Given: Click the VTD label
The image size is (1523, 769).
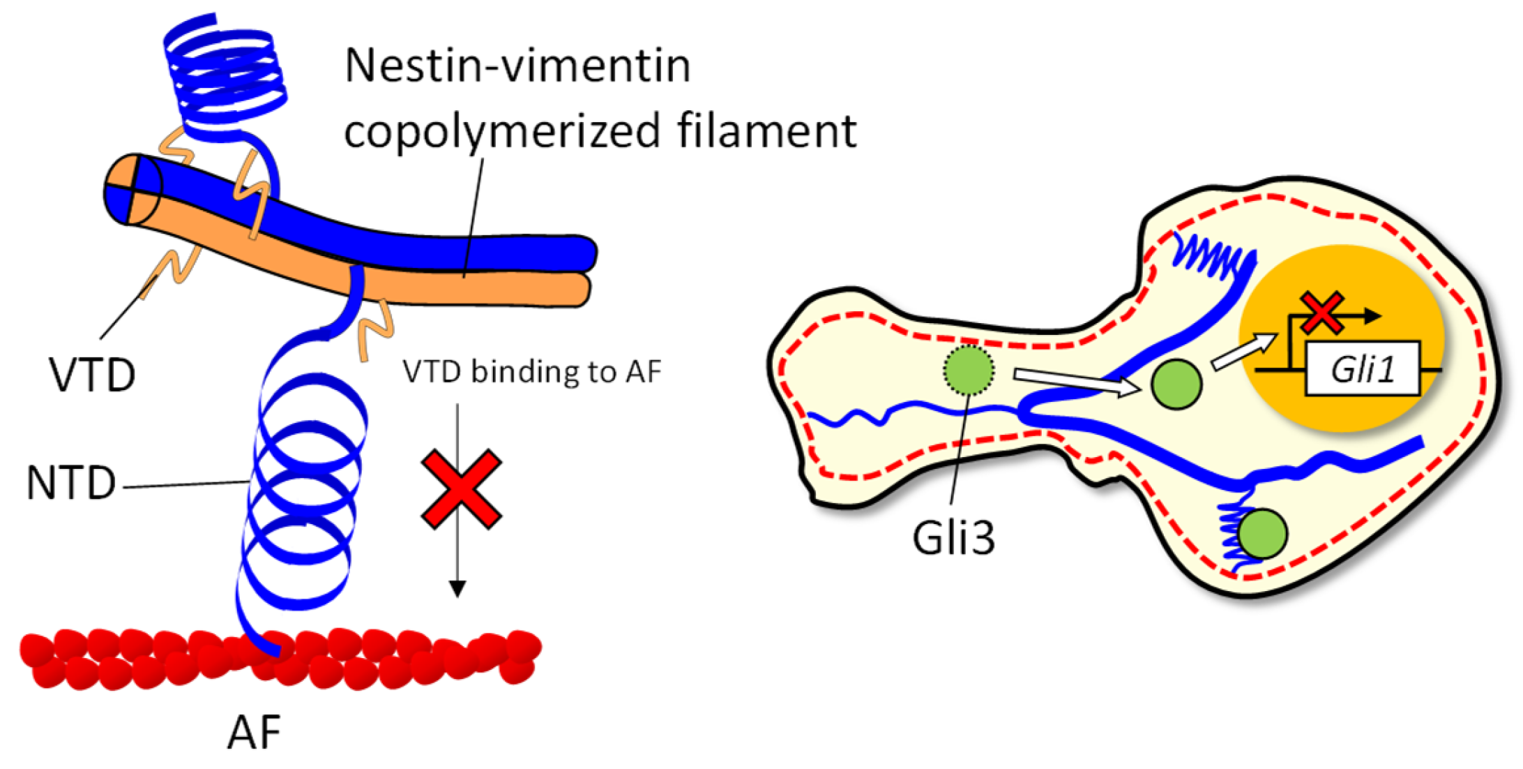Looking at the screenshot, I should [x=92, y=375].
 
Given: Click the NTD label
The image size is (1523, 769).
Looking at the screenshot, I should [x=70, y=484].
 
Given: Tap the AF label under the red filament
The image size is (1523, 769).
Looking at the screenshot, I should [x=254, y=733].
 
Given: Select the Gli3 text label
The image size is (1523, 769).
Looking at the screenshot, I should [x=953, y=538].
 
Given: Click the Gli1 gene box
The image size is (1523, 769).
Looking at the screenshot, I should [x=1362, y=368].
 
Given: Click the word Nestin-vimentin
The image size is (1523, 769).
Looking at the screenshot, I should [x=517, y=66].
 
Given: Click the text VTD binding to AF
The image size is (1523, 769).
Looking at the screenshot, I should [x=531, y=372].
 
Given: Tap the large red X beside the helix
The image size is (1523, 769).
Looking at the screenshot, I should [x=462, y=488].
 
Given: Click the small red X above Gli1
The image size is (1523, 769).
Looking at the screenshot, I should [x=1321, y=313].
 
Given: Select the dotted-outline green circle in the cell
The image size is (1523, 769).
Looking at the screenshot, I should [x=968, y=370].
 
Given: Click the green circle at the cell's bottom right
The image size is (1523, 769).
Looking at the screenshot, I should [x=1263, y=534].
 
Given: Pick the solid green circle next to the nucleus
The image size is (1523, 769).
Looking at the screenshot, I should [x=1176, y=384].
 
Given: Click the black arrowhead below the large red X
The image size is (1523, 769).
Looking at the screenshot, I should [x=457, y=589].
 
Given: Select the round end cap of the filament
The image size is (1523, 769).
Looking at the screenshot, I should [x=132, y=189].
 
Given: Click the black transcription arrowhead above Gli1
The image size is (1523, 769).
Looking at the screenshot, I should [x=1372, y=316].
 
